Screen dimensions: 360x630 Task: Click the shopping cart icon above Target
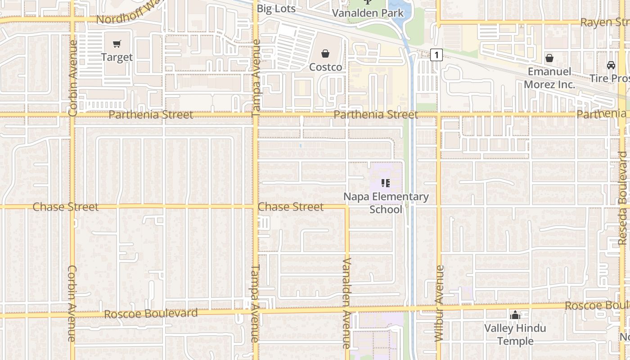(x=117, y=44)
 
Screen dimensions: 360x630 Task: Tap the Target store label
(x=117, y=57)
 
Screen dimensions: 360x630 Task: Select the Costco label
(x=325, y=67)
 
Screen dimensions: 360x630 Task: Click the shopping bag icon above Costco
(x=325, y=54)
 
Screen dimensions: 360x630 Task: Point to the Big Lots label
(x=276, y=9)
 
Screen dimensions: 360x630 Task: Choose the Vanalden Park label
(x=368, y=13)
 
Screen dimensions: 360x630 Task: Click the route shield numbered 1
(x=436, y=55)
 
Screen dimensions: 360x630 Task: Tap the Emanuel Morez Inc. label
(x=549, y=78)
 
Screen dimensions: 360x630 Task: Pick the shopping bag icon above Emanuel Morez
(x=549, y=58)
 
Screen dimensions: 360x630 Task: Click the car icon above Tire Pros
(x=611, y=65)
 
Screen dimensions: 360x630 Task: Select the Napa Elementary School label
(x=386, y=203)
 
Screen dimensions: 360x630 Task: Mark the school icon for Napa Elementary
(x=386, y=183)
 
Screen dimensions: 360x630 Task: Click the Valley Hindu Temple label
(x=515, y=334)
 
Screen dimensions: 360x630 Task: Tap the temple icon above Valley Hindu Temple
(x=515, y=315)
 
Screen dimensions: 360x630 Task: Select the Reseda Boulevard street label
(x=623, y=198)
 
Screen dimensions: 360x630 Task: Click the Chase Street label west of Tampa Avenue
(x=66, y=207)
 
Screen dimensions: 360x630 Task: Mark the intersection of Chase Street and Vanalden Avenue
(x=347, y=207)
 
